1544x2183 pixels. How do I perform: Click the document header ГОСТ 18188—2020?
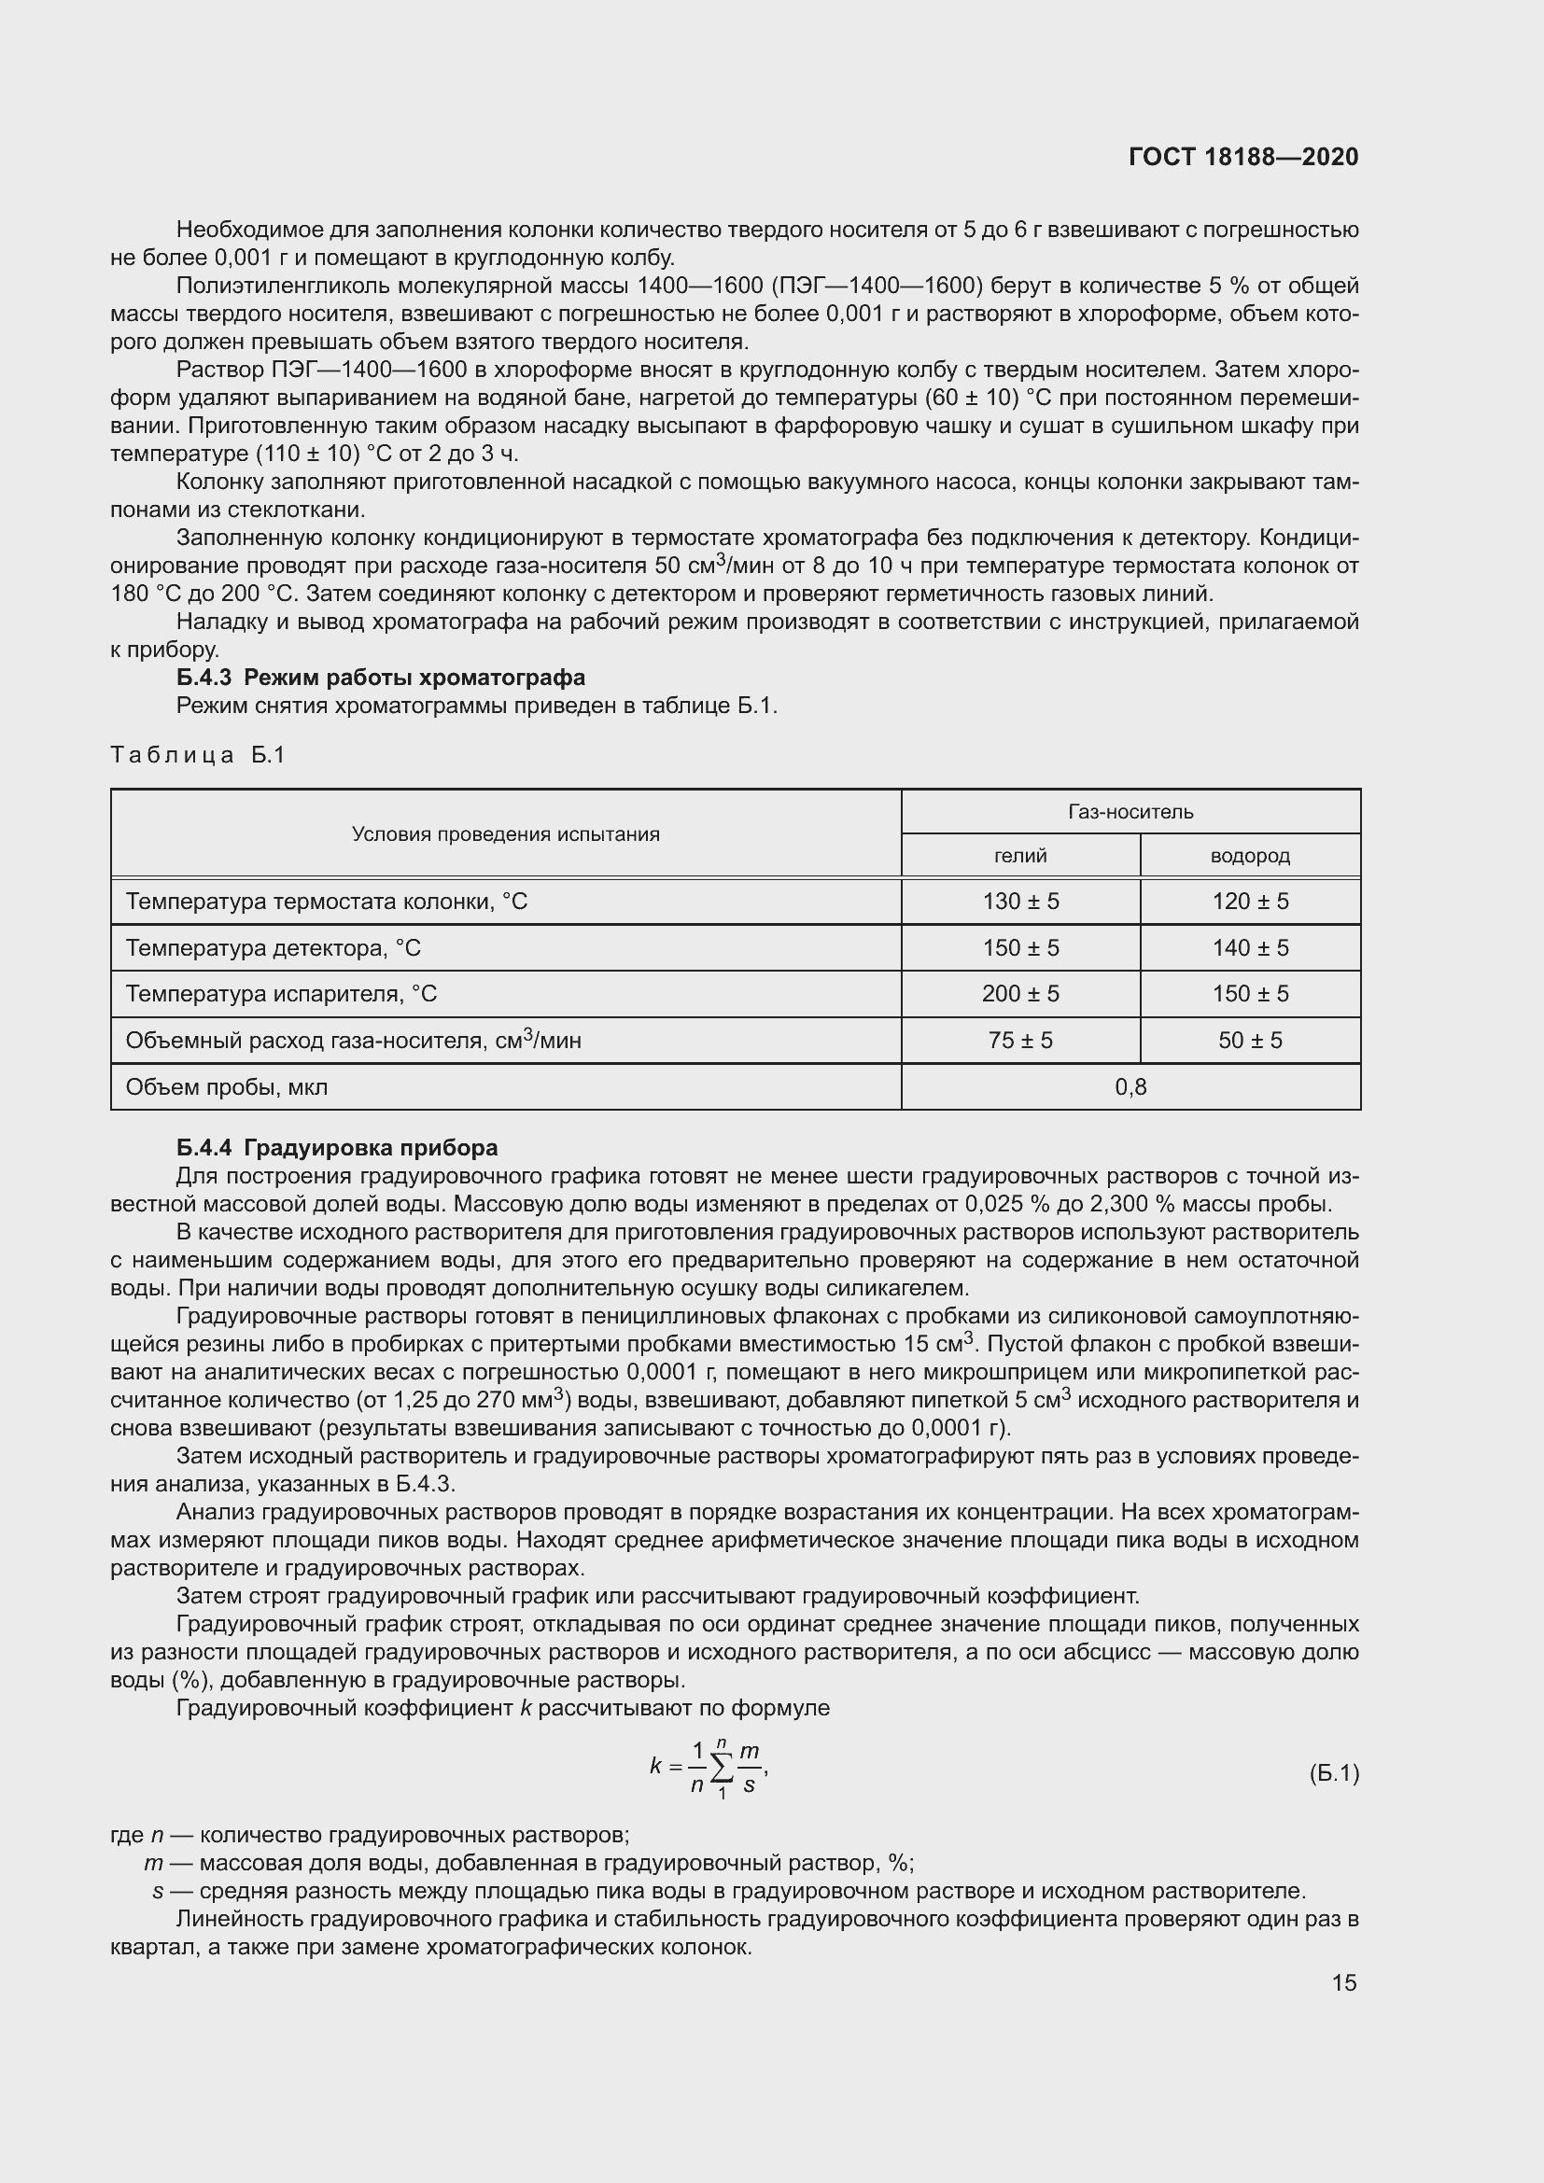(1242, 157)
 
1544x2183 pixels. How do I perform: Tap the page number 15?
(1343, 1982)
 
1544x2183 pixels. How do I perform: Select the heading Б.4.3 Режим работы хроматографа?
(380, 677)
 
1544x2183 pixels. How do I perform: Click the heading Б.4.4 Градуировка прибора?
(337, 1148)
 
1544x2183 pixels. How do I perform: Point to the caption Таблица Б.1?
(198, 755)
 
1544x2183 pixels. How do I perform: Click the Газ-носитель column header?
(1130, 812)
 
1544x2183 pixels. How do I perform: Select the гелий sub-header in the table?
(1020, 856)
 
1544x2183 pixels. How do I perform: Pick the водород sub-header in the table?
(1249, 856)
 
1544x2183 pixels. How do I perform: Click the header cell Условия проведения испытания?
(505, 833)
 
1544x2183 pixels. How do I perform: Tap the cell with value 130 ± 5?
(1020, 902)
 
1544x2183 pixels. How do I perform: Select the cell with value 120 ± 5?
(1249, 902)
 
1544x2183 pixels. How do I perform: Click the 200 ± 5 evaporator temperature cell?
(1020, 994)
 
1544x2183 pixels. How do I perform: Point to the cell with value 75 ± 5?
(1020, 1040)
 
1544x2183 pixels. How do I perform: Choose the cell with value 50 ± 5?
(1249, 1040)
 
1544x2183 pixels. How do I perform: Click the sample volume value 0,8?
(1130, 1086)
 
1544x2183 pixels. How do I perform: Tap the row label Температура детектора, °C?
(273, 948)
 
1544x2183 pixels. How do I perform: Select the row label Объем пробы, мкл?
(226, 1086)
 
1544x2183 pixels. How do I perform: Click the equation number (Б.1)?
(1334, 1773)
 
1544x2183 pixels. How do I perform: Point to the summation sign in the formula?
(723, 1768)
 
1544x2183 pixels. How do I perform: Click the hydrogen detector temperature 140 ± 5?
(1249, 948)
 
